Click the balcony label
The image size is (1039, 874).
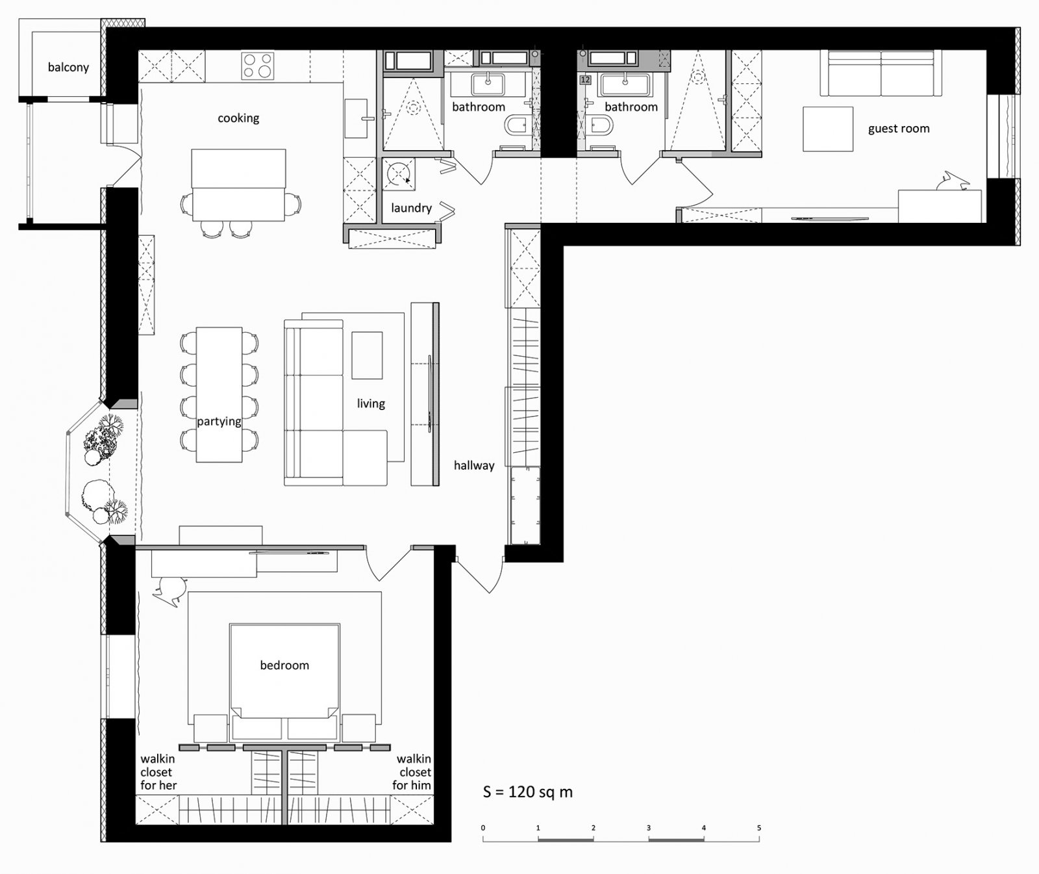pyautogui.click(x=68, y=68)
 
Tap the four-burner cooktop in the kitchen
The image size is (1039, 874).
pyautogui.click(x=257, y=66)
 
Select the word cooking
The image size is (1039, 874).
pyautogui.click(x=238, y=118)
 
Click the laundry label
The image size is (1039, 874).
pyautogui.click(x=411, y=208)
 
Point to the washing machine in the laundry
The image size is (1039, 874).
pyautogui.click(x=397, y=174)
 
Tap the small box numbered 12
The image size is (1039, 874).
pyautogui.click(x=584, y=81)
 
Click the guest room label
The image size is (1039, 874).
pyautogui.click(x=899, y=129)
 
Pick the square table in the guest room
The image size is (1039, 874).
pyautogui.click(x=827, y=129)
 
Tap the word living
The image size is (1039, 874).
pyautogui.click(x=371, y=404)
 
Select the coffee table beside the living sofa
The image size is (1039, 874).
pyautogui.click(x=367, y=355)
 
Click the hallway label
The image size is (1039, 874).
pyautogui.click(x=474, y=465)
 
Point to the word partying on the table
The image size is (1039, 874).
pyautogui.click(x=219, y=421)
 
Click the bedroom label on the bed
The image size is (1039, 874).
pyautogui.click(x=284, y=665)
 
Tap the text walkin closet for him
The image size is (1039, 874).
pyautogui.click(x=413, y=772)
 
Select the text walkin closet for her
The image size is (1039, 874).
pyautogui.click(x=158, y=772)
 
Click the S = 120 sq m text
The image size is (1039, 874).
pyautogui.click(x=527, y=792)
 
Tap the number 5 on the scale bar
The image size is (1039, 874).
pyautogui.click(x=758, y=828)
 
